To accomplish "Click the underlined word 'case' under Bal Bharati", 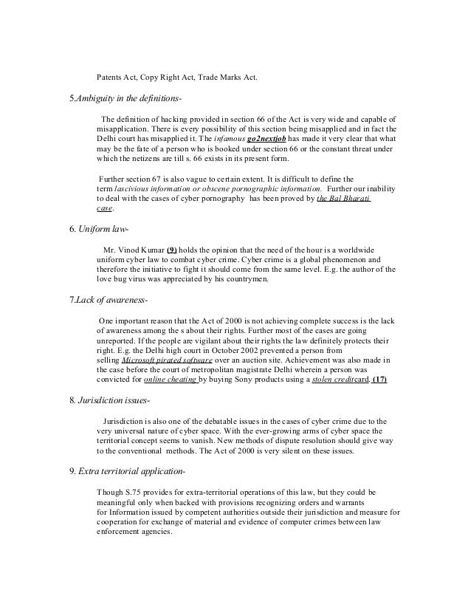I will pyautogui.click(x=104, y=209).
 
